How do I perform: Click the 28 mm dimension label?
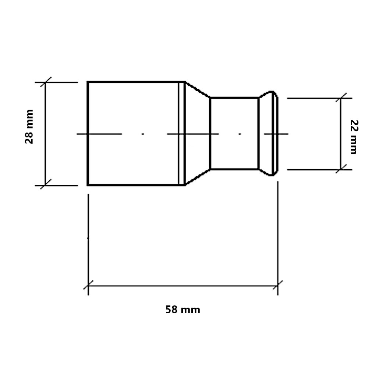29,127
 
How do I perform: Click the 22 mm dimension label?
354,137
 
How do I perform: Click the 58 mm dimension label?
183,309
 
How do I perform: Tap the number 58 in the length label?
171,309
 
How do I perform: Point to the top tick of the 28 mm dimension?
46,82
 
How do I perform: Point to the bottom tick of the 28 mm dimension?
46,184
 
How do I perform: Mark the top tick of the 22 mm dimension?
341,98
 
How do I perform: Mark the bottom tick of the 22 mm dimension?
341,169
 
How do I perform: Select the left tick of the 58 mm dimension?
88,285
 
